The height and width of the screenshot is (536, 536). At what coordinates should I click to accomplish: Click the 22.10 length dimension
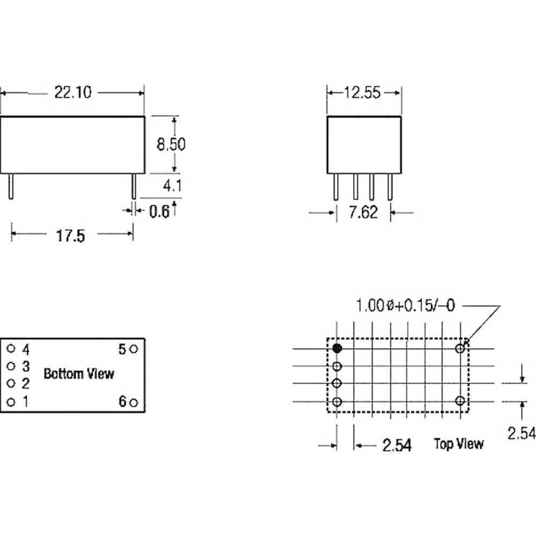click(x=73, y=92)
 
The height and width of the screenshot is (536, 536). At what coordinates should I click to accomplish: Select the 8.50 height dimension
click(x=171, y=144)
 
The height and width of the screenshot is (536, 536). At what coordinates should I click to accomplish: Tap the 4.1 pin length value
click(x=172, y=185)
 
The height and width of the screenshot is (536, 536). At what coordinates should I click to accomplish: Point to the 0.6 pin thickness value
click(x=159, y=211)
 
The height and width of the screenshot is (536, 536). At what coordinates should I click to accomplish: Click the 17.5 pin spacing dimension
click(x=70, y=236)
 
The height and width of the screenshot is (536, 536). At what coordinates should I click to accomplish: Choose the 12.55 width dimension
click(x=362, y=93)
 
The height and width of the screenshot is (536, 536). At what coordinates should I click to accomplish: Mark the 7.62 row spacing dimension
click(x=363, y=212)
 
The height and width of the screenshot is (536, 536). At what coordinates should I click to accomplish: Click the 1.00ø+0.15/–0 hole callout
click(x=405, y=306)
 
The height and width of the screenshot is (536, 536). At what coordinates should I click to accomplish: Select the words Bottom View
click(x=79, y=374)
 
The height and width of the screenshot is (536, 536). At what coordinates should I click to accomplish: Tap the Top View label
click(x=459, y=444)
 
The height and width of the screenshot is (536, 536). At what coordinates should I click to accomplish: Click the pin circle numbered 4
click(x=11, y=348)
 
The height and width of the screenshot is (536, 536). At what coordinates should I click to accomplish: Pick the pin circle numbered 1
click(x=11, y=402)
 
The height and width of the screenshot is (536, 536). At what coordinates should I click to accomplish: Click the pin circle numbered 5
click(x=133, y=349)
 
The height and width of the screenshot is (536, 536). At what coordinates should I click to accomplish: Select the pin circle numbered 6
click(x=133, y=403)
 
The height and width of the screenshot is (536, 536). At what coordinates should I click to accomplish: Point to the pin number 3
click(x=26, y=366)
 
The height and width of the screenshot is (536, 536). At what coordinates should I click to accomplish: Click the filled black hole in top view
click(x=337, y=348)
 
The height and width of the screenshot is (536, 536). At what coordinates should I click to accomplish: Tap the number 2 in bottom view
click(x=26, y=384)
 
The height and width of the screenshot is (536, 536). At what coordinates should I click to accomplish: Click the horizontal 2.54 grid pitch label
click(x=397, y=445)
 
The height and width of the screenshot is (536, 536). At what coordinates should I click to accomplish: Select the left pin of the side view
click(x=11, y=187)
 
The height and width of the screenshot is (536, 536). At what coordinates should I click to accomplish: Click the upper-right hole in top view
click(x=460, y=348)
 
